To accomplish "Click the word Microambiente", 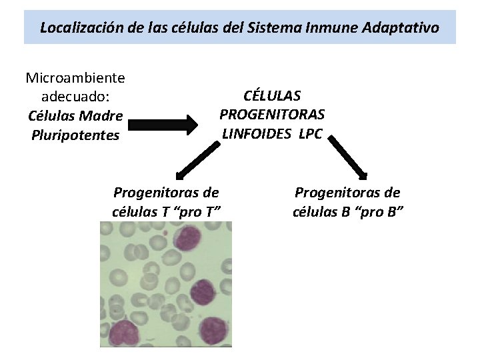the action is (75, 77).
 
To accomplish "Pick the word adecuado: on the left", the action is (75, 97).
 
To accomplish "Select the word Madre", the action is (103, 115).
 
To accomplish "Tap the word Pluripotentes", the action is (75, 135).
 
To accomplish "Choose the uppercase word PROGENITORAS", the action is (272, 114).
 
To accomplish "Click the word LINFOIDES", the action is (257, 133).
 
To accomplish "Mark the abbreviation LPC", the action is (310, 133).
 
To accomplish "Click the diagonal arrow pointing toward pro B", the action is (349, 158).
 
